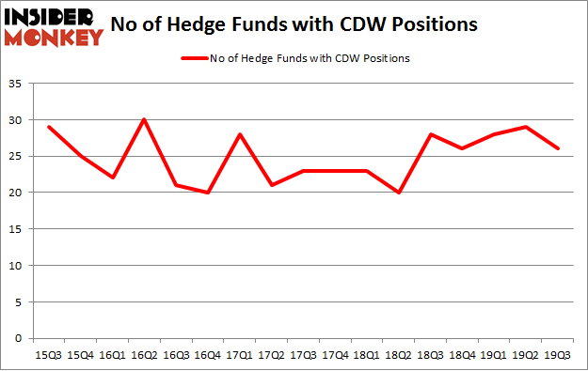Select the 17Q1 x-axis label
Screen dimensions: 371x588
coord(241,355)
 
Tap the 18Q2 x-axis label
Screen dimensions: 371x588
coord(400,355)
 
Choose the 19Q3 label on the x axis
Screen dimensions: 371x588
coord(559,355)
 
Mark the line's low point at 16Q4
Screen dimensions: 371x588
coord(209,193)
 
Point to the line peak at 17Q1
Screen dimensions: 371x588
coord(241,134)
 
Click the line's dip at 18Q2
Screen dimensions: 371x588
coord(400,193)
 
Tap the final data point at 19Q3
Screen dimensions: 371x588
coord(559,148)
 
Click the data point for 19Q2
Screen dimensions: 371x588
coord(527,127)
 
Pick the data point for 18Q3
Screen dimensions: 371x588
coord(432,134)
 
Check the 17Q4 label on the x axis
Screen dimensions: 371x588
coord(336,355)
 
